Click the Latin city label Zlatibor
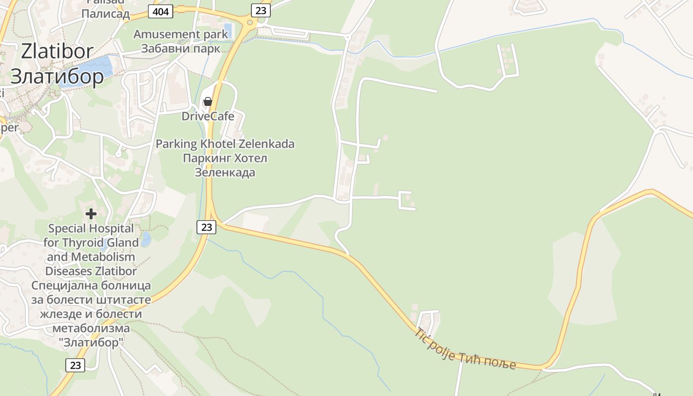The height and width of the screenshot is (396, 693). coord(57,51)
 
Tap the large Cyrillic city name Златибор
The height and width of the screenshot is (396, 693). coord(57,76)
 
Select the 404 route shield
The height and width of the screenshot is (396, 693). coord(161,11)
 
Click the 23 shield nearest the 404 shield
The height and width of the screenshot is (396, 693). coord(260,10)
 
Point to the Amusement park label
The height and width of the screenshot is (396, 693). coord(181,35)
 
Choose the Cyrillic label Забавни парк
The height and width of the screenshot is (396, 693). coord(181,49)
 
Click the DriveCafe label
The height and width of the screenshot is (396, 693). coord(208,116)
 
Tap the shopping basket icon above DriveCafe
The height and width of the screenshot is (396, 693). coord(208,101)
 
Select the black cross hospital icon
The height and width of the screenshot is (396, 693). coord(91,214)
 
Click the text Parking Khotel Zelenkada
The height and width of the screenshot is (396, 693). coord(225,144)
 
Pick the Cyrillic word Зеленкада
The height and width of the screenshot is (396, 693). coord(225,172)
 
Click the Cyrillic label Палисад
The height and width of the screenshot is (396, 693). coord(105,14)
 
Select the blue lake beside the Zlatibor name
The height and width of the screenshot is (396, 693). coord(94,67)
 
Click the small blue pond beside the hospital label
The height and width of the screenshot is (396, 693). coord(146,239)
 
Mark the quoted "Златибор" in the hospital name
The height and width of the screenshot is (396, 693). coord(91,342)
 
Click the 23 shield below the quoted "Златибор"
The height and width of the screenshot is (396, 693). coord(75,365)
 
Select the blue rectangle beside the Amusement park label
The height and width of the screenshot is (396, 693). coord(228,30)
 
